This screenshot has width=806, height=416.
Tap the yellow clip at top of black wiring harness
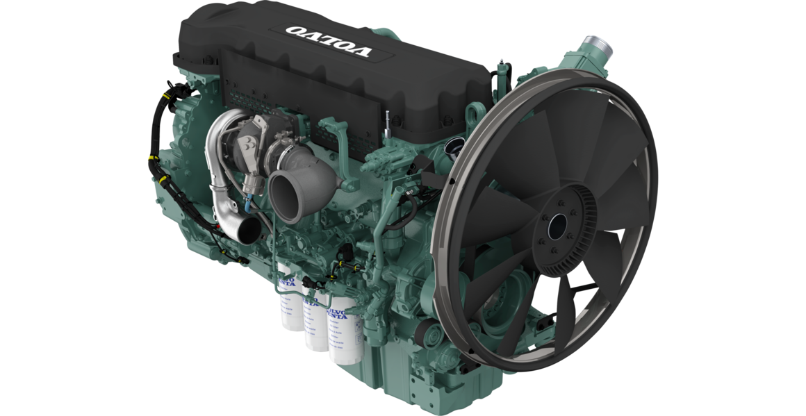tap(165, 90)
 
